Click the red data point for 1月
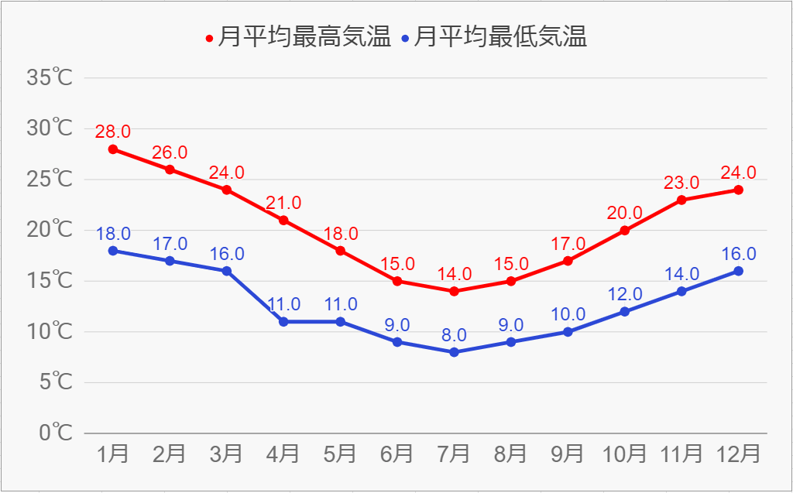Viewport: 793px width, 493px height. click(113, 149)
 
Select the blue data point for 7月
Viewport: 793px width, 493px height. click(454, 352)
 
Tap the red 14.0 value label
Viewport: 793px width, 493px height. click(454, 273)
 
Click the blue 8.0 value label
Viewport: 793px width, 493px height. click(454, 335)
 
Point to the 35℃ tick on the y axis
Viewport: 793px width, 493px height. click(50, 77)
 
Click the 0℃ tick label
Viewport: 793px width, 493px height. click(56, 433)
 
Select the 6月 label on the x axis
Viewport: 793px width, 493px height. click(397, 454)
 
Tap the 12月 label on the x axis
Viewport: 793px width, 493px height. click(738, 454)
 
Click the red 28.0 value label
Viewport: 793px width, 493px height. click(113, 132)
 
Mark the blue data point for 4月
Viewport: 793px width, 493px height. click(283, 321)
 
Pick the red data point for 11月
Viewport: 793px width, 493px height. click(681, 200)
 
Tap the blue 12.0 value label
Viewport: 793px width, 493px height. click(624, 294)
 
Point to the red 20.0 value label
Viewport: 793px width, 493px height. click(624, 213)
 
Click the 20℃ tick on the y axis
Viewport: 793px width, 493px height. click(50, 230)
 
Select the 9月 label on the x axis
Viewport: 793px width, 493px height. click(568, 454)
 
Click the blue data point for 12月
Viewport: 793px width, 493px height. click(738, 271)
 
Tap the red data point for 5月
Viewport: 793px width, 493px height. click(341, 251)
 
